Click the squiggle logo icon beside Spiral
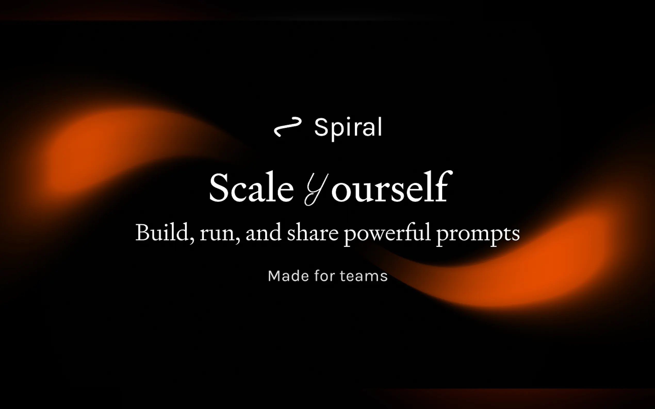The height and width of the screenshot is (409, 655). coord(288,127)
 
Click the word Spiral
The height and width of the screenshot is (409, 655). coord(348,129)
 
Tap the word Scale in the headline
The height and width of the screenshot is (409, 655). coord(251,187)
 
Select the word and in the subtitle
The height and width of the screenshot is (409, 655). coord(263,232)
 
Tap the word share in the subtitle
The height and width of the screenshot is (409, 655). coord(313,232)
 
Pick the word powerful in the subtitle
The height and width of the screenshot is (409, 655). coord(388,234)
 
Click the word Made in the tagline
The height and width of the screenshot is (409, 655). coord(288,276)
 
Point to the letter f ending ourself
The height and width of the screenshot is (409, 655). coord(443,186)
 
